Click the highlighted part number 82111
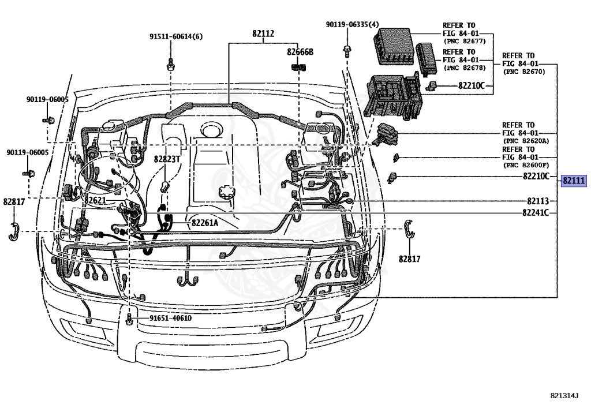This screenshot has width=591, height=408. click(574, 181)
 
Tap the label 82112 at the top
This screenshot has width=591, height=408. click(263, 33)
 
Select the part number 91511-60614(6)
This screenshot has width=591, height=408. click(176, 36)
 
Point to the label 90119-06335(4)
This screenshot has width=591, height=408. click(352, 24)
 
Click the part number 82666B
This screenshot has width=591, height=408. click(300, 52)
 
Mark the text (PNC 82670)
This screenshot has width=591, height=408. click(523, 72)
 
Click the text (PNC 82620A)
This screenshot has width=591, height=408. click(525, 141)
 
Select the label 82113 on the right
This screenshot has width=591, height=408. click(537, 201)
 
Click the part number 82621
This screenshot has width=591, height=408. click(95, 200)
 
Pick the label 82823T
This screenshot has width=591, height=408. click(167, 159)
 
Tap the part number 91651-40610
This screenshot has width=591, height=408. click(170, 318)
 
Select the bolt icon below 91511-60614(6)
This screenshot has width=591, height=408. click(171, 63)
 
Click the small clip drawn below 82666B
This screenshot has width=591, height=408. click(298, 67)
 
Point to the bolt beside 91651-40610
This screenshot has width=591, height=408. click(130, 318)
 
